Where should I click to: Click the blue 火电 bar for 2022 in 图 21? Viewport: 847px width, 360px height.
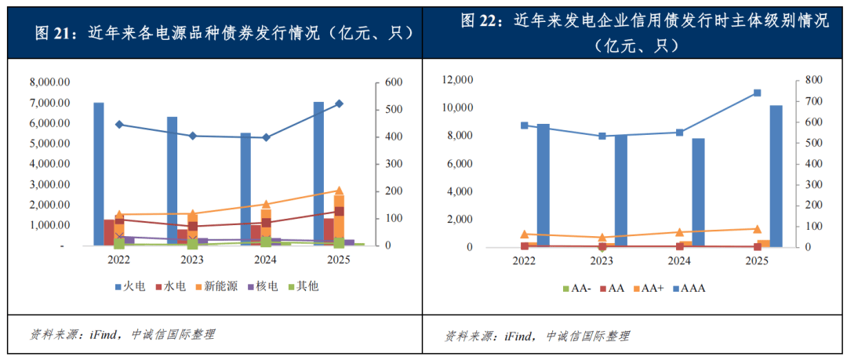(98, 173)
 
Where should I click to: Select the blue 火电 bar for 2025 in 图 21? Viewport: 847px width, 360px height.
(318, 173)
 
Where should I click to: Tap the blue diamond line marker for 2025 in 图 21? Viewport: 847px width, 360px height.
(339, 104)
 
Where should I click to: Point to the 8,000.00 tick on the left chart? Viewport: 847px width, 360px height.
(49, 82)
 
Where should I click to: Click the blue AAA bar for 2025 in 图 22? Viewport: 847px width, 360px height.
(775, 176)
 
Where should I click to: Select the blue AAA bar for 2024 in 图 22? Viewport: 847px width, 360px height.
(698, 192)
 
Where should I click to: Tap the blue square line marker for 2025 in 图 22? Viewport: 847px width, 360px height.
(757, 93)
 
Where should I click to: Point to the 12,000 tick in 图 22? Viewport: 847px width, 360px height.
(457, 80)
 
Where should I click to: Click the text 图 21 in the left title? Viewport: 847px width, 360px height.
(54, 32)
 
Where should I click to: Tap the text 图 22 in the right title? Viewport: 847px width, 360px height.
(481, 21)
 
